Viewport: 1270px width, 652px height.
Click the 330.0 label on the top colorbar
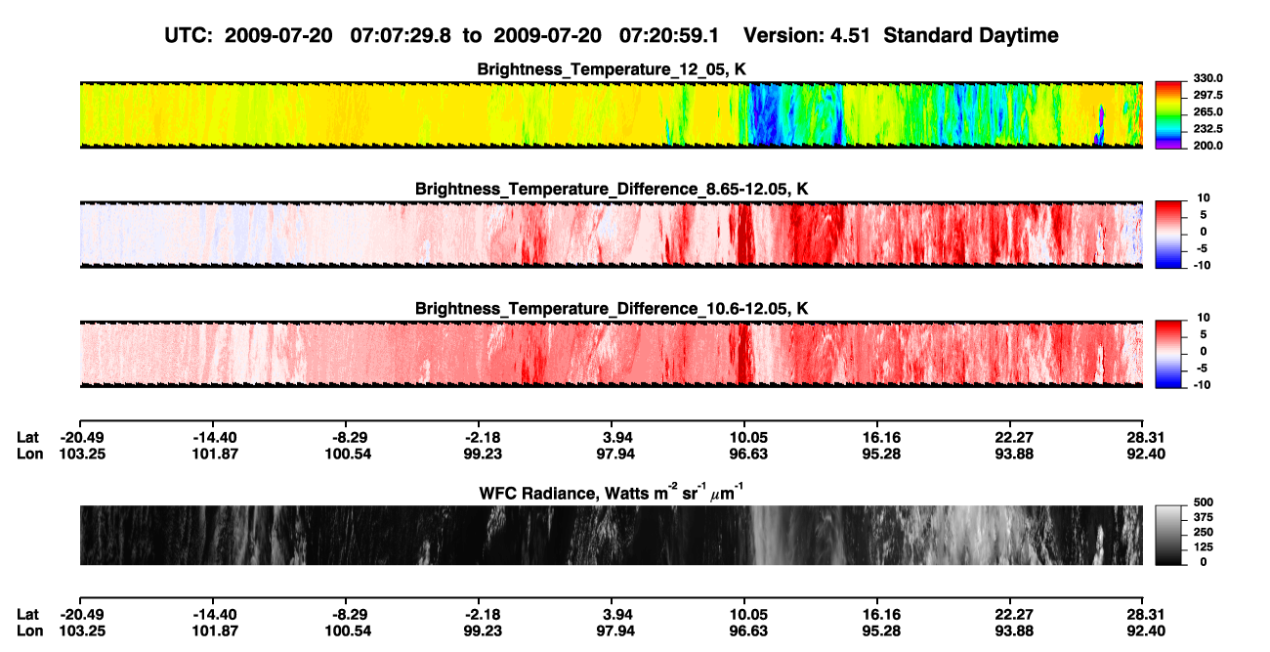point(1207,78)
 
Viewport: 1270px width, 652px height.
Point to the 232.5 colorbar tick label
point(1207,129)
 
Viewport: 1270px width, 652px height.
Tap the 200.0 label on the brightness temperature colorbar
point(1207,146)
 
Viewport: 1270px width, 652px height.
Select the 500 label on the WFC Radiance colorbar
point(1204,502)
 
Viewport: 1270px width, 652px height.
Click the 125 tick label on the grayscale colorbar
point(1204,547)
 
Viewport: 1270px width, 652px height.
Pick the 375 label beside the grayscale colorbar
point(1204,517)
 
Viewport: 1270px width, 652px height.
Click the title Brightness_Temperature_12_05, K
point(612,69)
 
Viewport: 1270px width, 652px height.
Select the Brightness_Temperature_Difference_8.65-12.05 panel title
point(612,189)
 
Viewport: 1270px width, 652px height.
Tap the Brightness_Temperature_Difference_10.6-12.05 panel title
point(612,309)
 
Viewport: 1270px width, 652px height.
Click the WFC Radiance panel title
point(612,493)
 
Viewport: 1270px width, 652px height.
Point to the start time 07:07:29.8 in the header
point(401,35)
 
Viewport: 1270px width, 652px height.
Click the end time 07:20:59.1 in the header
point(669,35)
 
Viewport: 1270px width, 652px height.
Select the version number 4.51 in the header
point(850,35)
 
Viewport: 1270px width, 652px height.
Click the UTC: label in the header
point(189,35)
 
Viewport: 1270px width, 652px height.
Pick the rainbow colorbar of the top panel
point(1168,115)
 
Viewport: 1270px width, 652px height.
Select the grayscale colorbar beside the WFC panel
point(1168,535)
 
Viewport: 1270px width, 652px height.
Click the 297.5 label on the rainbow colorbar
point(1207,96)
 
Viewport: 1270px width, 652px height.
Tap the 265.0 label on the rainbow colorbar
point(1207,111)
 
